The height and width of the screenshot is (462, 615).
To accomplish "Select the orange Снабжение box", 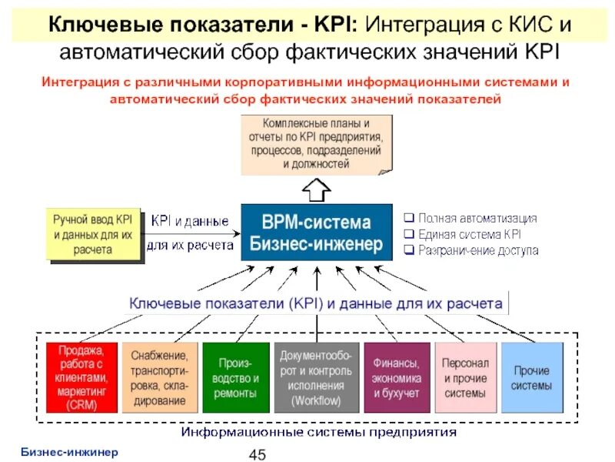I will coord(159,377).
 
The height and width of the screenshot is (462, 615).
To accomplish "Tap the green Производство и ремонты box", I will coord(236,377).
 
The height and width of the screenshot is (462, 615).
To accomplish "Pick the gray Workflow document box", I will coord(316,377).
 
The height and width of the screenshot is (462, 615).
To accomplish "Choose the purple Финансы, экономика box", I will coord(396,377).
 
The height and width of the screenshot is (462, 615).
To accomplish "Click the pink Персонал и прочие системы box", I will coord(465,377).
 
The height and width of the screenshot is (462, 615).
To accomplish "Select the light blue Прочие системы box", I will coord(532,377).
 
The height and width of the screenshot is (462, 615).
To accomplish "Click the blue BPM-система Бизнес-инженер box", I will coord(316,234).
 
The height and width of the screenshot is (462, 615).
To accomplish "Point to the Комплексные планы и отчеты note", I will coord(316,143).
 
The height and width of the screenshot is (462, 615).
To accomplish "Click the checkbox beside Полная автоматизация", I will coord(409,219).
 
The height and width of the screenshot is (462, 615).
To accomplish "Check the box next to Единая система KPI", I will coord(409,234).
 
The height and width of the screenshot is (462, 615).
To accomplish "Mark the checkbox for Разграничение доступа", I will coord(409,250).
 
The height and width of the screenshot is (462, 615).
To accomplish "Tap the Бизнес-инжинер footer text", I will coord(69,451).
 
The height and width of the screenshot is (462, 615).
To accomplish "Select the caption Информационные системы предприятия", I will coord(318,432).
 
